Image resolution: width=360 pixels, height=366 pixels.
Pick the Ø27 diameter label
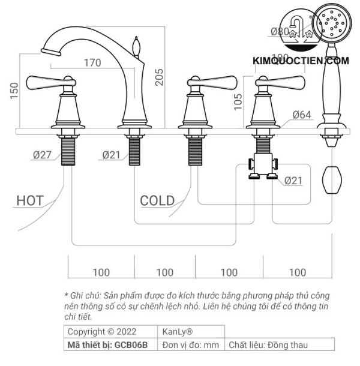[42, 155]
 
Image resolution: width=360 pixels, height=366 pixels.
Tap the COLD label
[157, 200]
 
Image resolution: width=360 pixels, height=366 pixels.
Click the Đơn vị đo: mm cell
[191, 345]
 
